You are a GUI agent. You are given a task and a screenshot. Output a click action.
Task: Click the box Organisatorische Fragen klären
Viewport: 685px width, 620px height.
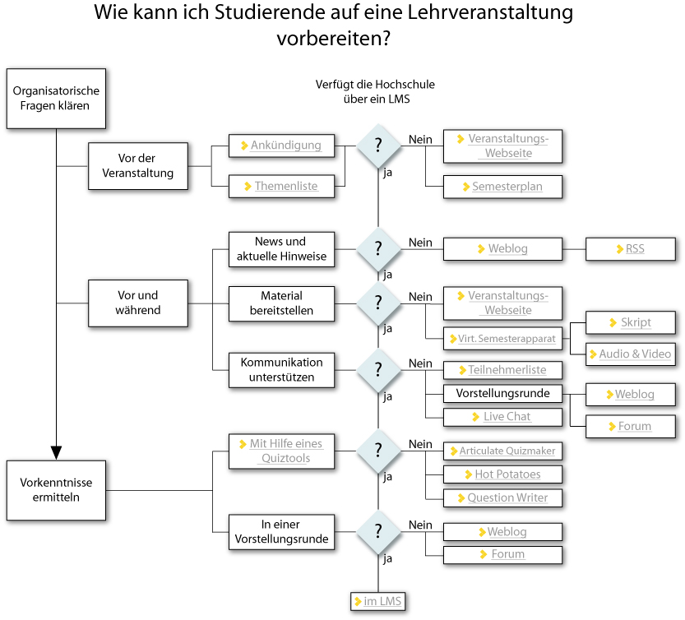[x=57, y=99]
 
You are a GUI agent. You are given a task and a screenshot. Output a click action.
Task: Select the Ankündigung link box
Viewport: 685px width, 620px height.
[x=281, y=146]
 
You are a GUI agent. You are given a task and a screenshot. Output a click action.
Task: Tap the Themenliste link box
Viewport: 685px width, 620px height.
[x=281, y=187]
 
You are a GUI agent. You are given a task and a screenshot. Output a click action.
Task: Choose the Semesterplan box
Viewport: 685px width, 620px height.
[x=504, y=187]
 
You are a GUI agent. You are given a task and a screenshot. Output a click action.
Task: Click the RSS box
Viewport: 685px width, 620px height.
[x=631, y=249]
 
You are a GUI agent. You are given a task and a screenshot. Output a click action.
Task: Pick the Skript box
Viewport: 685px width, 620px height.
[x=631, y=322]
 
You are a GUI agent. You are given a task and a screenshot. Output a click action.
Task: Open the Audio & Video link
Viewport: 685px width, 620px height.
[x=631, y=354]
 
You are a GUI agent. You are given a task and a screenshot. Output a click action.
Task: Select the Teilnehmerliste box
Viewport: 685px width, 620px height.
[x=503, y=370]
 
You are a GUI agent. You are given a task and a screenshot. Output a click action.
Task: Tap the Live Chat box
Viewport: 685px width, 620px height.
[x=503, y=417]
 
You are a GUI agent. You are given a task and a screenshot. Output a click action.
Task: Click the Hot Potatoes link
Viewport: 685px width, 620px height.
[x=503, y=474]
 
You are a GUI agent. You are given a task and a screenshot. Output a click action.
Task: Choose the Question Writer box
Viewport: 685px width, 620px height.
[x=503, y=497]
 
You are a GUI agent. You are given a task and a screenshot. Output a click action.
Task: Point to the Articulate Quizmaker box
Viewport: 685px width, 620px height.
[x=503, y=451]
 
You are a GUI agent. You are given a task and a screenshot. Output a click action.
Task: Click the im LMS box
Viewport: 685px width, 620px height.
[x=378, y=602]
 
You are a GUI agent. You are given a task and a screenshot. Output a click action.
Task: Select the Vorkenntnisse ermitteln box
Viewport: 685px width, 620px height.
[x=57, y=490]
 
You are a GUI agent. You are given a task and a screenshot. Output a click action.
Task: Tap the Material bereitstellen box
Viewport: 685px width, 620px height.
[x=281, y=303]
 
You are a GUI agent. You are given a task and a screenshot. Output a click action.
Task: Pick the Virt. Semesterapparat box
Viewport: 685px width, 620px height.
[x=503, y=338]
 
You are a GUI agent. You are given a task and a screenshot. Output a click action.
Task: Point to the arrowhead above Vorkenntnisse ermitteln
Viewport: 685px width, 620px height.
[x=57, y=451]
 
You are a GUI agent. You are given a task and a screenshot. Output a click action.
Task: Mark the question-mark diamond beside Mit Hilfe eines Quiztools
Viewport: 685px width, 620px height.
[x=378, y=449]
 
